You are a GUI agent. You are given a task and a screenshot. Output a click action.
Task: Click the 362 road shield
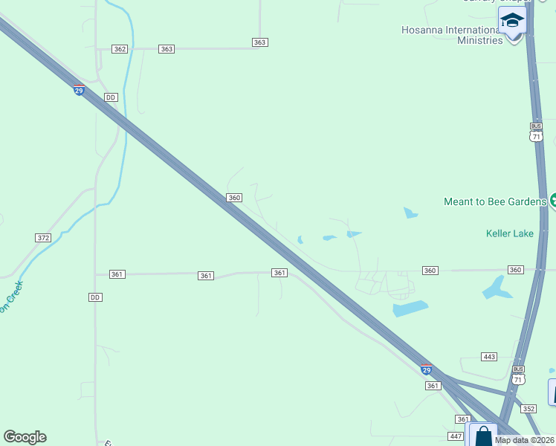click(120, 49)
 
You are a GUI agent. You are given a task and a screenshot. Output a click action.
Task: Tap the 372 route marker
click(42, 238)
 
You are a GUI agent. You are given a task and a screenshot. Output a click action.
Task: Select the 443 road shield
click(488, 358)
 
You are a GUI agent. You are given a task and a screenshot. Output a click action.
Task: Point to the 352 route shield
click(528, 409)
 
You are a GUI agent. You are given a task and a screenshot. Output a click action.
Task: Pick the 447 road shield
click(456, 436)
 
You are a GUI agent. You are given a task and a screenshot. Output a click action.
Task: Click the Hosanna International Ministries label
click(452, 35)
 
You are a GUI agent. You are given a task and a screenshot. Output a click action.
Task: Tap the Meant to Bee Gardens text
click(495, 201)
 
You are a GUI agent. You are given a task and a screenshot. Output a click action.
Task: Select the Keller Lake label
click(509, 233)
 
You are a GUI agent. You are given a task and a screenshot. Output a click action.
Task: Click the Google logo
click(25, 437)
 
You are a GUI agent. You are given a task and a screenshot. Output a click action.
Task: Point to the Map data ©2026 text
click(523, 440)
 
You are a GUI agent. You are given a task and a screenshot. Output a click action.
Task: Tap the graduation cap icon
click(512, 20)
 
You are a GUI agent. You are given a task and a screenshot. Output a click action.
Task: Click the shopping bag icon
click(483, 435)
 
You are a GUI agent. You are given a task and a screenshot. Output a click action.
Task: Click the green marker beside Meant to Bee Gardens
click(553, 201)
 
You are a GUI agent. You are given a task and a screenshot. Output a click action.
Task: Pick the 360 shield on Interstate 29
click(234, 198)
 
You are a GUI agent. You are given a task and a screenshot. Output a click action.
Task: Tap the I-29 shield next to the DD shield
click(79, 90)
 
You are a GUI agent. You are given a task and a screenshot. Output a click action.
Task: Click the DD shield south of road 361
click(94, 297)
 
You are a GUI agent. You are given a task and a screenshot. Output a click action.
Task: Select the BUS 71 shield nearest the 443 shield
click(518, 375)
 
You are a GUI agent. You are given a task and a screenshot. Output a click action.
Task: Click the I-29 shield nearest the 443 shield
click(426, 369)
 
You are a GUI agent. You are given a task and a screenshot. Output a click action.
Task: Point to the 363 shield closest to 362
click(167, 49)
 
